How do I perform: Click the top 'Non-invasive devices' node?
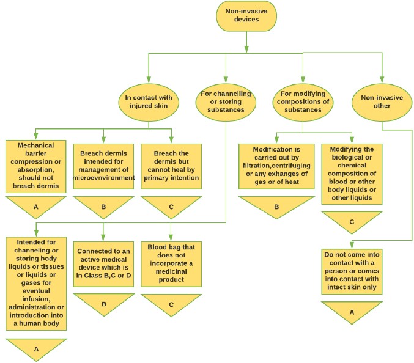pyautogui.click(x=245, y=18)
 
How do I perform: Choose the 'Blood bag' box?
pyautogui.click(x=171, y=263)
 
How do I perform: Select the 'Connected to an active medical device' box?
pyautogui.click(x=103, y=263)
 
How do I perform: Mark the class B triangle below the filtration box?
pyautogui.click(x=277, y=206)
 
